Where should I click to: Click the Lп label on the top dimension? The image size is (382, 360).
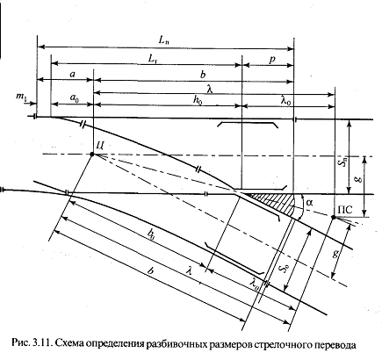pos(164,40)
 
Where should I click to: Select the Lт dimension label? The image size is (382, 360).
pos(154,59)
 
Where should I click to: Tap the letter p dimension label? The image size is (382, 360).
pos(272,60)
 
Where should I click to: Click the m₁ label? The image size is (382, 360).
pos(21,97)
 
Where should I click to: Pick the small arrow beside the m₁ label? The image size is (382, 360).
pos(32,103)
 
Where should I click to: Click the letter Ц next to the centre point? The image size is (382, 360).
pos(99,146)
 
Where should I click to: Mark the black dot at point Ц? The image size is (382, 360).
pos(92,154)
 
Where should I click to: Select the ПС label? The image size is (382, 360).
pos(345,210)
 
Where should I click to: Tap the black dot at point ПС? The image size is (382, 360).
pos(333,217)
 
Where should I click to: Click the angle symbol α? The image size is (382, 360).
pos(308,202)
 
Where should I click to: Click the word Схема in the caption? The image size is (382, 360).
pos(68,344)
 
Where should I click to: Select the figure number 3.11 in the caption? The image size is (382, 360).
pos(43,344)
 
